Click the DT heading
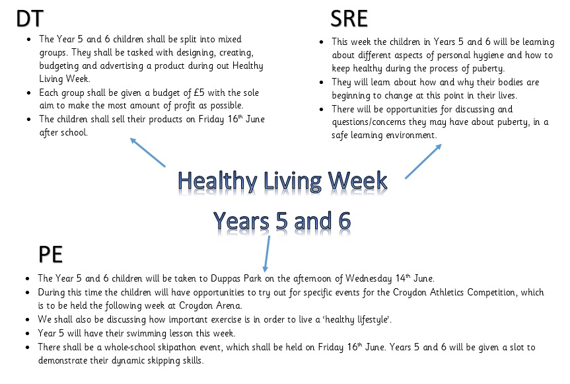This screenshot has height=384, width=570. [30, 19]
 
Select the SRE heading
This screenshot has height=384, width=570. [349, 19]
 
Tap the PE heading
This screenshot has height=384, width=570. [51, 254]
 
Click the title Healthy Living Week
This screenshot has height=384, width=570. [283, 180]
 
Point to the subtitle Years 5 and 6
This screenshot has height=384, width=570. [282, 221]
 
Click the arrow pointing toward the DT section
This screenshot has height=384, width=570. [147, 153]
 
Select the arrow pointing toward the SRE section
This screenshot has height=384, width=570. [423, 161]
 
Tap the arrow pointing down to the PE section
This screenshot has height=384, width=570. [267, 254]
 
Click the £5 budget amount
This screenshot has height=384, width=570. [199, 93]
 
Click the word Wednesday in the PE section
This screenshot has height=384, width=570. [369, 278]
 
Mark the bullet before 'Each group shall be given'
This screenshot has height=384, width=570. [29, 93]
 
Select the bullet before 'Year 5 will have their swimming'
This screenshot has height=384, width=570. [28, 334]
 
